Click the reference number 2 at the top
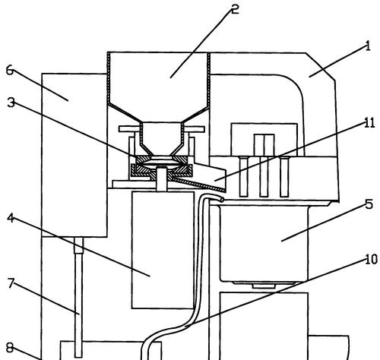click(x=235, y=10)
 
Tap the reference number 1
click(x=368, y=46)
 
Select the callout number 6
click(x=10, y=70)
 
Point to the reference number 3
click(x=11, y=103)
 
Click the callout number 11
click(x=369, y=123)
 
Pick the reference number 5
click(x=369, y=204)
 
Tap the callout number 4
click(x=11, y=218)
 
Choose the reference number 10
click(x=372, y=260)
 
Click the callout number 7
click(x=11, y=283)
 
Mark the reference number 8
click(x=10, y=348)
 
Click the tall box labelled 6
click(x=74, y=155)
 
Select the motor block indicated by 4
click(x=163, y=250)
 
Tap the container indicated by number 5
click(x=264, y=244)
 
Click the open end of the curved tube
click(x=222, y=200)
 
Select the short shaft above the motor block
click(x=162, y=179)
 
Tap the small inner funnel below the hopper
click(x=161, y=138)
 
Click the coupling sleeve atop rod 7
click(x=78, y=245)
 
